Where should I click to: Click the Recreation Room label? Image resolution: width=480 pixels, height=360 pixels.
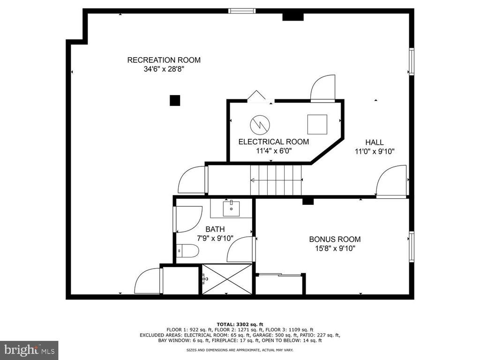(164, 60)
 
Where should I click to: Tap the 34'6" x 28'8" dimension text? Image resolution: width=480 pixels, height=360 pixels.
(164, 69)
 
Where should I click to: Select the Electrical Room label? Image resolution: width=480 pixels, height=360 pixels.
(274, 142)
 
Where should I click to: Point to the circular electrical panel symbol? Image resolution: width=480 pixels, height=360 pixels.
(260, 125)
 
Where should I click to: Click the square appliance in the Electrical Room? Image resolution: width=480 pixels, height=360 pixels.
(317, 124)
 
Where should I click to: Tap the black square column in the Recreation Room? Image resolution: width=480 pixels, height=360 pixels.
(175, 100)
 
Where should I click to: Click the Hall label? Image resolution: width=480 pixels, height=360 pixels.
(375, 142)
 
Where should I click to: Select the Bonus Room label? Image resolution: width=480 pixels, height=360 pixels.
(335, 239)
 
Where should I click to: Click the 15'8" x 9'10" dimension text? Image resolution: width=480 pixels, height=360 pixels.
(335, 248)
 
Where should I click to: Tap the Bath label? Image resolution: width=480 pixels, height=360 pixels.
(215, 229)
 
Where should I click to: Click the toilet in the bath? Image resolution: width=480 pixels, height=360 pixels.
(187, 251)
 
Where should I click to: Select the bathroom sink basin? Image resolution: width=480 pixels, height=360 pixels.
(231, 208)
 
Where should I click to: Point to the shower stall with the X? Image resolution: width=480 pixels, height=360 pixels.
(227, 279)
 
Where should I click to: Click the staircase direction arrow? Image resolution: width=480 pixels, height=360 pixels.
(277, 180)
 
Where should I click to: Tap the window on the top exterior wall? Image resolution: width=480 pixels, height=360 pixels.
(242, 11)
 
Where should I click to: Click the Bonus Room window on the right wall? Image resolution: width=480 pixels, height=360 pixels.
(412, 247)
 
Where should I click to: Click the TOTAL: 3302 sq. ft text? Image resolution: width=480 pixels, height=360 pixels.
(240, 324)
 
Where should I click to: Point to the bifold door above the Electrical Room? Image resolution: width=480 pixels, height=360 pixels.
(256, 95)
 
